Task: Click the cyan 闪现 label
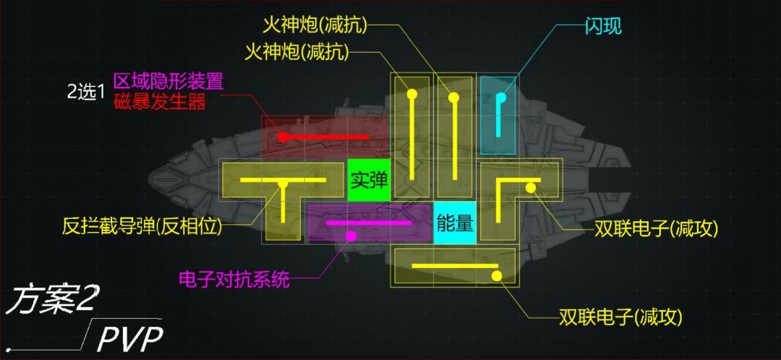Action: (603, 27)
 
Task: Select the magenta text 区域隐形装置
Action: (168, 81)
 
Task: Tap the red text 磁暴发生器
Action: (160, 103)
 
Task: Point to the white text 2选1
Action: (87, 92)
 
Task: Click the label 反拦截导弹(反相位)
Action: (142, 227)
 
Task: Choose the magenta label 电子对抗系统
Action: (234, 280)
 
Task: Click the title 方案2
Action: (50, 300)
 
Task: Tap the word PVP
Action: (130, 340)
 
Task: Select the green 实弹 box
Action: (369, 180)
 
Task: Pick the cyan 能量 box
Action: (455, 223)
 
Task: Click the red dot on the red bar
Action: (283, 137)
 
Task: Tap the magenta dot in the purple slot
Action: (351, 236)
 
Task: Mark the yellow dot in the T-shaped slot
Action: (283, 184)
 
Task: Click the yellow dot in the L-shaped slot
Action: (531, 187)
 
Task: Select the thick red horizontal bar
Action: (325, 137)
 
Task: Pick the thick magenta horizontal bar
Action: (369, 223)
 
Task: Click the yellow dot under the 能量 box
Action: (497, 276)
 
